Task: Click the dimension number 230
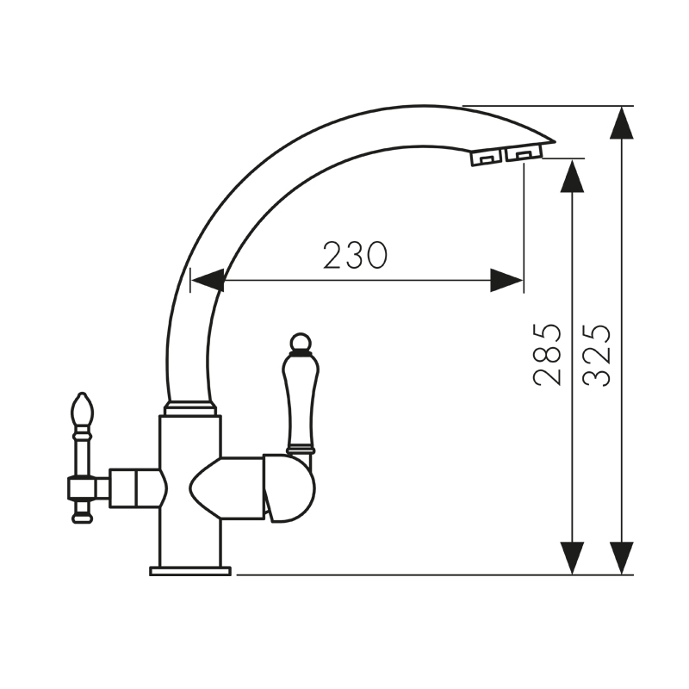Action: click(356, 255)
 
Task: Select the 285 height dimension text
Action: click(548, 354)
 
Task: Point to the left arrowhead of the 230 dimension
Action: click(208, 280)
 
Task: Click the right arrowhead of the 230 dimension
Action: click(506, 280)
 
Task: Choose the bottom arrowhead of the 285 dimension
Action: click(572, 557)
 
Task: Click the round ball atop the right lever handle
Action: click(300, 344)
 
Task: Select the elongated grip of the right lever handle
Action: click(300, 400)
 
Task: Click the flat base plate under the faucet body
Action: click(190, 570)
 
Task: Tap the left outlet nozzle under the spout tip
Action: click(485, 157)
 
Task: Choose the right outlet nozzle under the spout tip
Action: click(521, 153)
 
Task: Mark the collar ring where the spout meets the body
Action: click(189, 408)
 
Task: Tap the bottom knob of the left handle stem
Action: click(82, 517)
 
